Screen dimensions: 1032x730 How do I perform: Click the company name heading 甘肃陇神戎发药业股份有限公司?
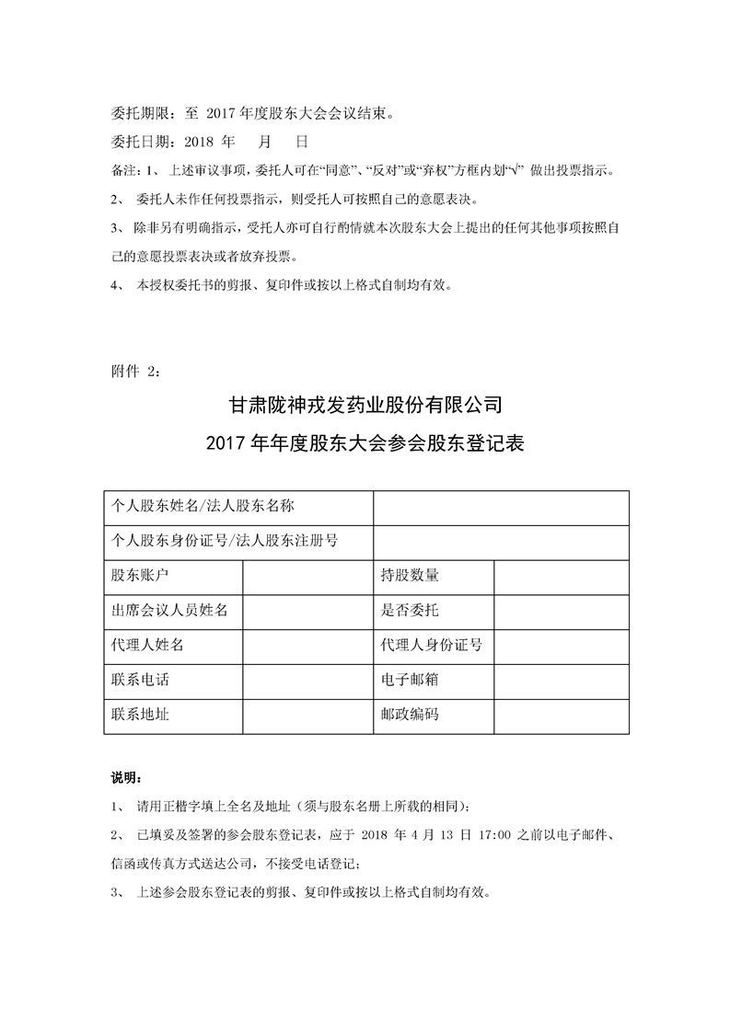[x=365, y=404]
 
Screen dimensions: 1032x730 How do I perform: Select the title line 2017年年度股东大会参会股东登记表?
[x=365, y=444]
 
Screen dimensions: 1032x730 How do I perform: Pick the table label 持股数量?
[x=410, y=576]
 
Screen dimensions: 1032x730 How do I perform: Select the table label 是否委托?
[x=410, y=610]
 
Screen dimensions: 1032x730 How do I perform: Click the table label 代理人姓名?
[x=147, y=645]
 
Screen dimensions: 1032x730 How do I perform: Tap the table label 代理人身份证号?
[x=432, y=645]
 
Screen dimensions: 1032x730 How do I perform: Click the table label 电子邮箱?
[x=410, y=680]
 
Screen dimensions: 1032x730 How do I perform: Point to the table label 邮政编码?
[x=410, y=715]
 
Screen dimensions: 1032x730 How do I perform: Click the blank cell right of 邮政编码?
[x=562, y=715]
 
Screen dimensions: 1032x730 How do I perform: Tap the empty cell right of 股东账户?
[x=307, y=576]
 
